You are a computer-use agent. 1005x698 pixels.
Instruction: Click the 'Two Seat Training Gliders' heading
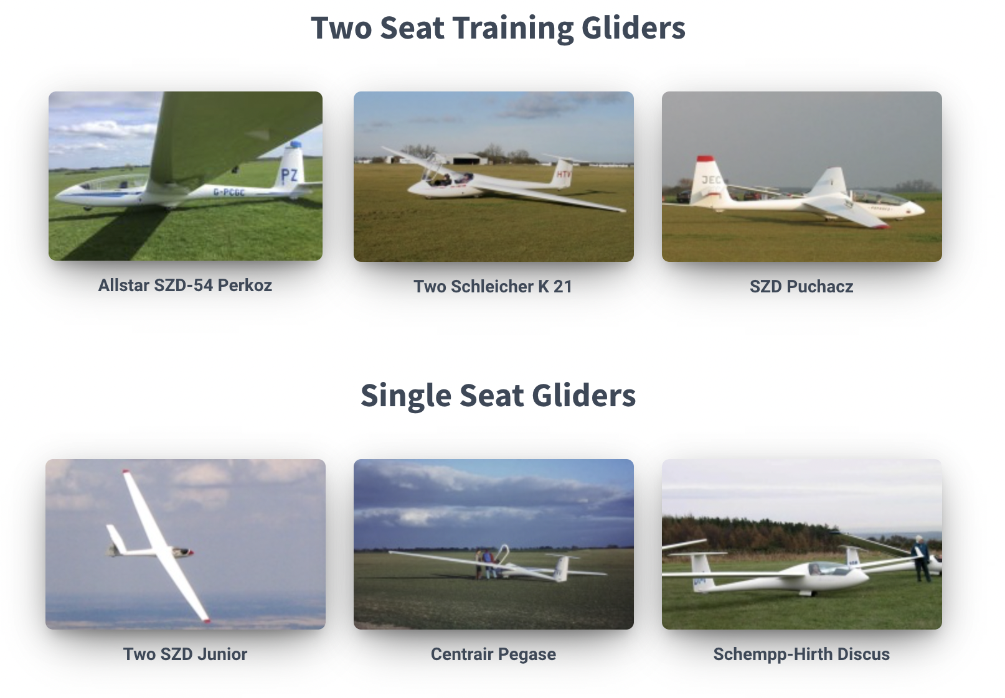click(x=498, y=28)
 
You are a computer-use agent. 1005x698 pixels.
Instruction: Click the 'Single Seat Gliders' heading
click(x=498, y=396)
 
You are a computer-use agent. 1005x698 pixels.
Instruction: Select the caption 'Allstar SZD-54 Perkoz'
click(x=185, y=286)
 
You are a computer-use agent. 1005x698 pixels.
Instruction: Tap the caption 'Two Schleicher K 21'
click(x=493, y=287)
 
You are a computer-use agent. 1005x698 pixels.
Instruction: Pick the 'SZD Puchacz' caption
click(x=801, y=287)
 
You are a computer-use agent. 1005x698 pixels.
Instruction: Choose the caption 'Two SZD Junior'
click(x=185, y=654)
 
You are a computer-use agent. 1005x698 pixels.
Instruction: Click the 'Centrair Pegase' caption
click(x=493, y=654)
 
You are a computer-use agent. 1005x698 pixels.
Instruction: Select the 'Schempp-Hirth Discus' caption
click(x=801, y=654)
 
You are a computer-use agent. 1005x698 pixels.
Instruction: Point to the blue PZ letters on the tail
click(x=289, y=175)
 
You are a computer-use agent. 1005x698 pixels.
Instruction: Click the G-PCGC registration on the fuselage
click(x=229, y=192)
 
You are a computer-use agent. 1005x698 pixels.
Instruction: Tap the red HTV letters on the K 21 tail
click(x=564, y=174)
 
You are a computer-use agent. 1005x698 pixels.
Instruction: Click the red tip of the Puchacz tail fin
click(x=705, y=159)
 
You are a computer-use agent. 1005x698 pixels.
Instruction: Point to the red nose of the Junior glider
click(x=191, y=553)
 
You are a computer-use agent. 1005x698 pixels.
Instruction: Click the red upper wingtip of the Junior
click(x=126, y=472)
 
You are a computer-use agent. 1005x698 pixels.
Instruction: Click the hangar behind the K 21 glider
click(x=465, y=159)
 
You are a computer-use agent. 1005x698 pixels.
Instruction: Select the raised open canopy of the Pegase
click(x=504, y=554)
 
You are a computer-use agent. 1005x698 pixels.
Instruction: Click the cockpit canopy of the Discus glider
click(x=829, y=569)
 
